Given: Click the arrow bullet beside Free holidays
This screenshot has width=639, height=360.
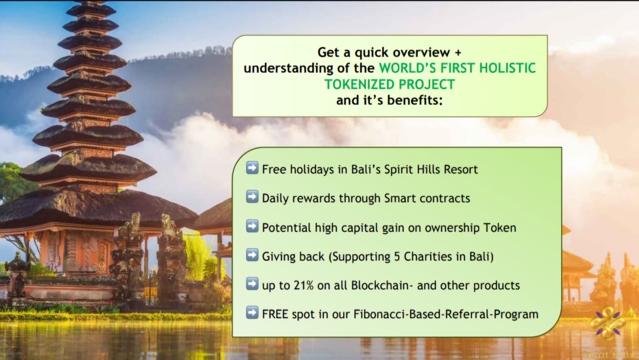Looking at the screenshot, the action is [252, 168].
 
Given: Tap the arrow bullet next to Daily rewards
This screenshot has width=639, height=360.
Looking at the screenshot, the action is [252, 197].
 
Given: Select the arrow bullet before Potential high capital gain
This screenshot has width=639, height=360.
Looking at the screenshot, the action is [252, 226].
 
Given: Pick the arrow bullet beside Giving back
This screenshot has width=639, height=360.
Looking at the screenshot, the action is [252, 255].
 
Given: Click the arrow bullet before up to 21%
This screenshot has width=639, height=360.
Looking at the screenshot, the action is [252, 284].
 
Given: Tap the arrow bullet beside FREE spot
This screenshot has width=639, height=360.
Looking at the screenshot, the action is [252, 312].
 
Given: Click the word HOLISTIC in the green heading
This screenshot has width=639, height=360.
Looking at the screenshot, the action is [508, 68].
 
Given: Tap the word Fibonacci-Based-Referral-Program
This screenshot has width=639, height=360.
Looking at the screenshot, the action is [446, 314].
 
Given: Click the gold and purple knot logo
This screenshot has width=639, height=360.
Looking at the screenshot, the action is [607, 323].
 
